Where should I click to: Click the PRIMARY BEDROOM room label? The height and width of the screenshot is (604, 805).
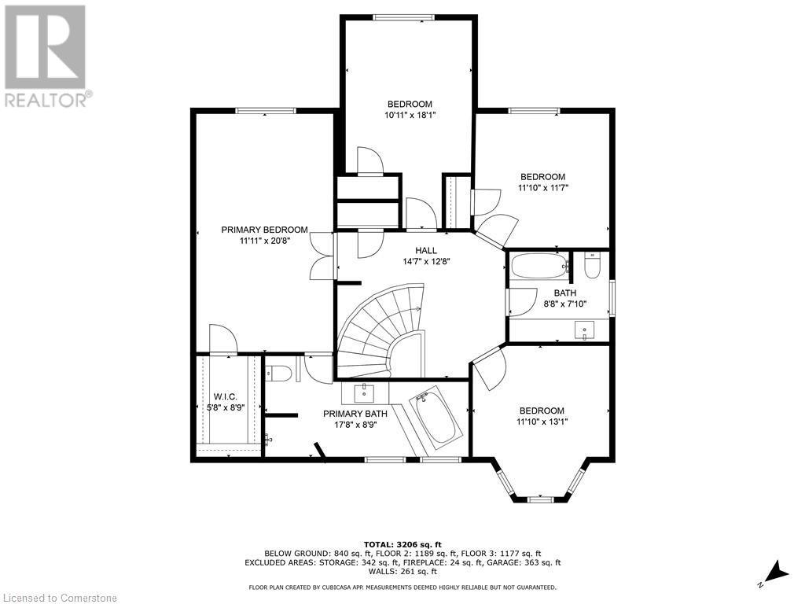click(x=264, y=230)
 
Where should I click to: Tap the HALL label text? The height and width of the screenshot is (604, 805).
click(x=426, y=250)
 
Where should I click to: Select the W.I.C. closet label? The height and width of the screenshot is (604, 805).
click(x=226, y=396)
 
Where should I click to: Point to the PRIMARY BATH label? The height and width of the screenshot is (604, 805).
click(x=355, y=414)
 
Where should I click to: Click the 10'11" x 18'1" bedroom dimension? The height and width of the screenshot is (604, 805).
click(x=410, y=115)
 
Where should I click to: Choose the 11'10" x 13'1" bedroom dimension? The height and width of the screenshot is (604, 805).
click(x=542, y=422)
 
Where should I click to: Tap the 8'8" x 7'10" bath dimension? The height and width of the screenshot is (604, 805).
click(x=564, y=304)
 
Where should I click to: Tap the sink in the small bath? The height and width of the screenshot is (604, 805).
click(x=584, y=330)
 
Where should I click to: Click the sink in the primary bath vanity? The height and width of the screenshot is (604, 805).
click(x=365, y=393)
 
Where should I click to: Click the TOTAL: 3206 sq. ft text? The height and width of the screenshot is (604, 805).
click(x=402, y=544)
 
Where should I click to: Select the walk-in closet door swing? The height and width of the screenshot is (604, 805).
click(x=222, y=339)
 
